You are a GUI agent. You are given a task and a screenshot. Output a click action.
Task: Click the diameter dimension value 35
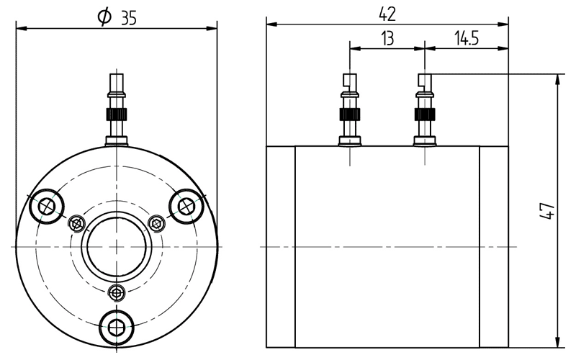click(129, 19)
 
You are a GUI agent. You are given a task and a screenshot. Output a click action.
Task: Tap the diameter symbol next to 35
click(104, 18)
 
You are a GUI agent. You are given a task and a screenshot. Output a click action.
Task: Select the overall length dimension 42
click(387, 13)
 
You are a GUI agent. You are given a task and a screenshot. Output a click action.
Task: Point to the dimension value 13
click(387, 39)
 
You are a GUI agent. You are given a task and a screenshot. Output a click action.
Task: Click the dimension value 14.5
click(467, 39)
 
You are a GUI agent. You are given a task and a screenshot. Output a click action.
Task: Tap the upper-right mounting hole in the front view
click(186, 207)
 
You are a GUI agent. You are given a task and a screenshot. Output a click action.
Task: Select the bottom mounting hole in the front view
click(116, 326)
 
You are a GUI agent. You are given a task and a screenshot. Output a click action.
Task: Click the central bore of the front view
click(117, 246)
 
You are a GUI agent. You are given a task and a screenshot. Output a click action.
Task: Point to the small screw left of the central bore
click(77, 223)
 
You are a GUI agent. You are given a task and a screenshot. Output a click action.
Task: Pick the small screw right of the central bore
click(156, 223)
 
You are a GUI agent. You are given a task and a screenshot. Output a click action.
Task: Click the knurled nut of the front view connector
click(117, 114)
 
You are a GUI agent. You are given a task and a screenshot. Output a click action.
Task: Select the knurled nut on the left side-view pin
click(349, 114)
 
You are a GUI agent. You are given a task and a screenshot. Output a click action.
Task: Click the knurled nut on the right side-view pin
click(424, 114)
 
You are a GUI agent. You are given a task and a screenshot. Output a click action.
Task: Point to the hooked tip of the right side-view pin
click(424, 81)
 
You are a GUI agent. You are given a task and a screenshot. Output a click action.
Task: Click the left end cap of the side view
click(281, 246)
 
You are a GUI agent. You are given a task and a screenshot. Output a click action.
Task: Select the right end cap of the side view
click(494, 246)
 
